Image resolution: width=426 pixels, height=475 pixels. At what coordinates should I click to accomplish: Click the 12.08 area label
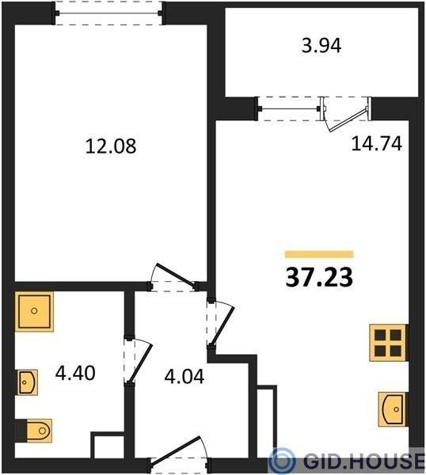pyautogui.click(x=111, y=146)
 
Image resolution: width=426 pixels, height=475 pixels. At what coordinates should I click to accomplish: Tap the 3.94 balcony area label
pyautogui.click(x=321, y=47)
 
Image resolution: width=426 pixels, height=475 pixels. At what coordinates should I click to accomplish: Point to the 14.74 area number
pyautogui.click(x=377, y=143)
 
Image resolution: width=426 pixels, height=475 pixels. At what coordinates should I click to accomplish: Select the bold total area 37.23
pyautogui.click(x=319, y=278)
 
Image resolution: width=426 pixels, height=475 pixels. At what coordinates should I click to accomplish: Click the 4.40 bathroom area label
pyautogui.click(x=75, y=373)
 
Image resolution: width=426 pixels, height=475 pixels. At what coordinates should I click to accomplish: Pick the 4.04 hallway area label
pyautogui.click(x=184, y=377)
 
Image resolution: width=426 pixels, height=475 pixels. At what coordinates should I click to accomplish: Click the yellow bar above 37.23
pyautogui.click(x=319, y=254)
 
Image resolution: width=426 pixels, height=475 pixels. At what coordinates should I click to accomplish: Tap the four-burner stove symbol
pyautogui.click(x=388, y=343)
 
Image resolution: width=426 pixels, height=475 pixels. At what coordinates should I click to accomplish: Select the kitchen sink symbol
pyautogui.click(x=392, y=409)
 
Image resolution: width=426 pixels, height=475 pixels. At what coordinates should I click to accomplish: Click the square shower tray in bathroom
pyautogui.click(x=34, y=311)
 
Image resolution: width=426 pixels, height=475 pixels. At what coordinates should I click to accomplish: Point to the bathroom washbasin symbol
pyautogui.click(x=27, y=382)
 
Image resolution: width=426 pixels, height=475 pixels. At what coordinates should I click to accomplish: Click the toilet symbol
pyautogui.click(x=34, y=431)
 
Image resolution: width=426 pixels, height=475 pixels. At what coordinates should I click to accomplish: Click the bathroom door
pyautogui.click(x=138, y=362)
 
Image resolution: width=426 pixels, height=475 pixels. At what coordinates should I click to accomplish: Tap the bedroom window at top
pyautogui.click(x=108, y=13)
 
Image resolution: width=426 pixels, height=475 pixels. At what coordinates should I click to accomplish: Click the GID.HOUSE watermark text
pyautogui.click(x=363, y=461)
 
